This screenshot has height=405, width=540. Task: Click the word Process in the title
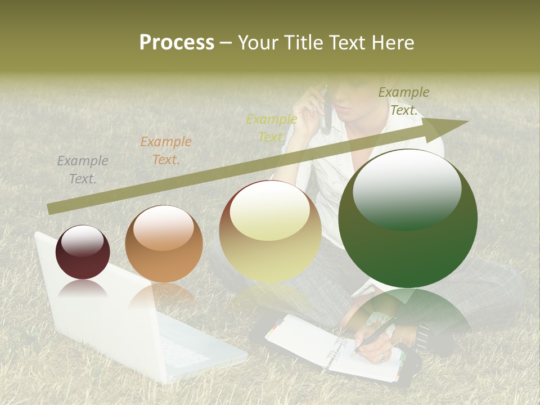pos(177,43)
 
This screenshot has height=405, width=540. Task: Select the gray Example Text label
pos(83,170)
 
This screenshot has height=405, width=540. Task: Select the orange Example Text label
pos(165,151)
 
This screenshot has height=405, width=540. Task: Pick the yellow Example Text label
pos(272,128)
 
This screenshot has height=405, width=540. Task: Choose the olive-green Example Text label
pos(404,101)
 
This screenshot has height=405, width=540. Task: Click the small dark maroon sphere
pos(83,252)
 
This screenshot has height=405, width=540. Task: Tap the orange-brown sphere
pos(164,244)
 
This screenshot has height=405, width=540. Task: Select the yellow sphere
pos(271,231)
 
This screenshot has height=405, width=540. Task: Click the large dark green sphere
pos(408,218)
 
